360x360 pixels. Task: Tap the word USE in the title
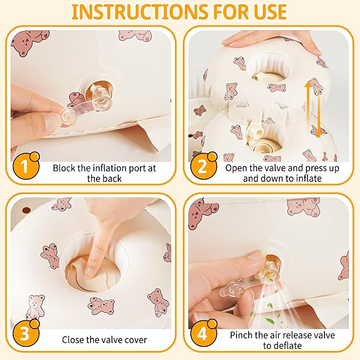(268, 12)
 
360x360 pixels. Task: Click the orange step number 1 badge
(25, 165)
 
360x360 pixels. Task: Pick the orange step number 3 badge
(25, 333)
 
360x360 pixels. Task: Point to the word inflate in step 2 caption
(308, 178)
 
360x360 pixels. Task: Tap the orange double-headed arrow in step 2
(313, 109)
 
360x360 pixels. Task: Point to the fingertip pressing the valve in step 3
(90, 271)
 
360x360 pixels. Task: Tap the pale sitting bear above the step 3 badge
(35, 307)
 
